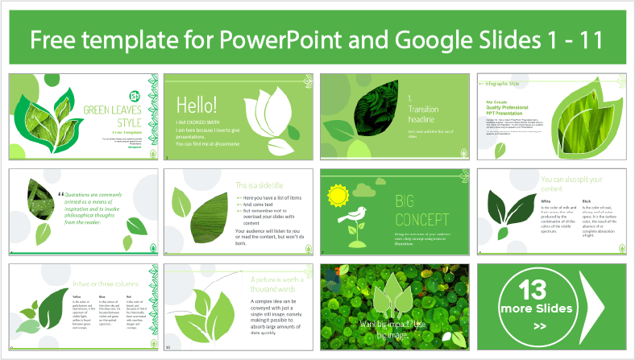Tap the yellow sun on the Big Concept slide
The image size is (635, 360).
337,196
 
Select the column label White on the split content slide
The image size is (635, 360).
546,201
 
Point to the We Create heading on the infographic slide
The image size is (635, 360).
496,102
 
